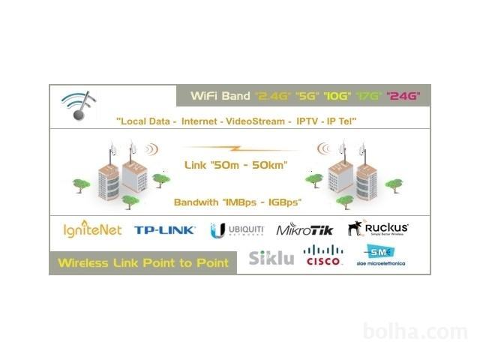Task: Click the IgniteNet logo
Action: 93,229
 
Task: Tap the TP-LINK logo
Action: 165,230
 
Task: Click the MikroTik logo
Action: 304,229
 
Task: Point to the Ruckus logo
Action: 378,228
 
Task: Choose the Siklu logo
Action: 271,258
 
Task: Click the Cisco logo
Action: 324,256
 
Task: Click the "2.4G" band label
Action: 271,96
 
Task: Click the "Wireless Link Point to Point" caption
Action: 145,263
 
